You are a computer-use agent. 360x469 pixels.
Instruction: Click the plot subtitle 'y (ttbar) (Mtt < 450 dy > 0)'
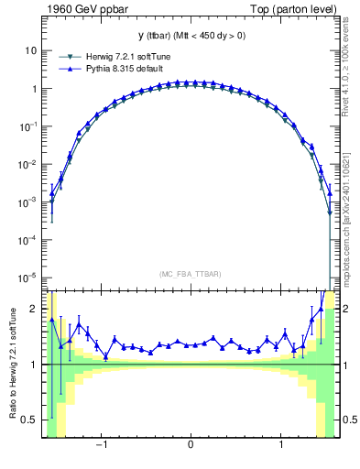point(191,36)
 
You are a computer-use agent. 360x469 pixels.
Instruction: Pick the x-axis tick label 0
point(191,448)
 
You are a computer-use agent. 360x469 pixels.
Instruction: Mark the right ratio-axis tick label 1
point(346,365)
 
